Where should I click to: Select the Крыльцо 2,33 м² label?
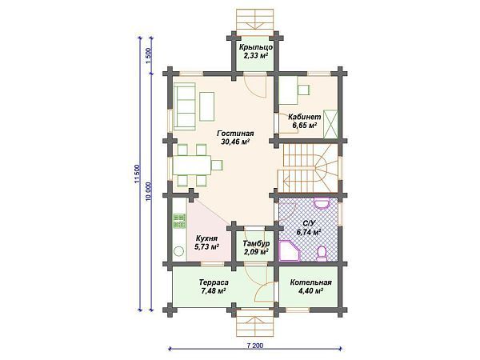coord(257,51)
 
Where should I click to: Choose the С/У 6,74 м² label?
coord(308,227)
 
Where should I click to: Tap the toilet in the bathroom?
coord(322,253)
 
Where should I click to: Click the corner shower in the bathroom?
coord(287,253)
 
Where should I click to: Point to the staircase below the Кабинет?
coord(308,164)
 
